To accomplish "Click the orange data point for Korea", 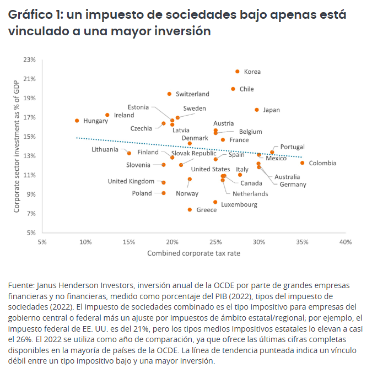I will coord(238,72).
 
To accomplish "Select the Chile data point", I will coord(233,89).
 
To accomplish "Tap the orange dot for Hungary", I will coord(77,121).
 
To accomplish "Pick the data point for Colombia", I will coord(302,163).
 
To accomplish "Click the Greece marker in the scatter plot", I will coord(190,210).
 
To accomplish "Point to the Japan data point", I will coord(257,110).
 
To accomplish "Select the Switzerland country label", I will coord(192,94).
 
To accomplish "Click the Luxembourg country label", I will coord(239,204).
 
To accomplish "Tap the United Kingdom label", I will coord(131,181).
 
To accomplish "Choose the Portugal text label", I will coord(292,147).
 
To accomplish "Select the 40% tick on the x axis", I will coord(346,242).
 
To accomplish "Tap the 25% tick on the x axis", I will coord(215,242).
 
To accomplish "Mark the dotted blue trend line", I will coord(187,147).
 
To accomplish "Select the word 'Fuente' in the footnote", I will coord(20,286).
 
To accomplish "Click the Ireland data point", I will coord(107,115).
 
